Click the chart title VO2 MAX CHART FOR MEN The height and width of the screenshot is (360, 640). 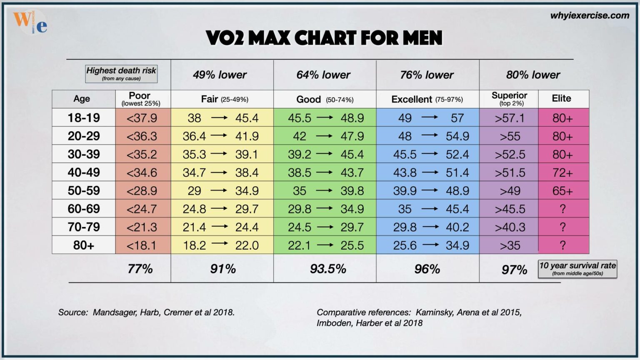(x=324, y=38)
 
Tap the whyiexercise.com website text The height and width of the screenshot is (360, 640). (x=589, y=16)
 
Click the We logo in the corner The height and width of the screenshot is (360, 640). (x=30, y=22)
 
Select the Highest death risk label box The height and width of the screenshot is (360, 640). (x=121, y=74)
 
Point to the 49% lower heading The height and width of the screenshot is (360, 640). (x=220, y=75)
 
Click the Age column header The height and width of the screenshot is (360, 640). (x=82, y=99)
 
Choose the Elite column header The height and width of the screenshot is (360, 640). (x=561, y=99)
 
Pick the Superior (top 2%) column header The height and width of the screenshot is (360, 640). (x=509, y=99)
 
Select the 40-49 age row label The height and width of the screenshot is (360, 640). (x=84, y=172)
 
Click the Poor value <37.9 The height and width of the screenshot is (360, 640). (x=142, y=118)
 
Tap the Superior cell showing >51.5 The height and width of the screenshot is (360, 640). (x=510, y=172)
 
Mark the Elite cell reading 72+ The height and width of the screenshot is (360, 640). (x=562, y=172)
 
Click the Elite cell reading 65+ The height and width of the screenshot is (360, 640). (x=562, y=191)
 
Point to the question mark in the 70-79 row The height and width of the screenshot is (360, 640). (x=562, y=227)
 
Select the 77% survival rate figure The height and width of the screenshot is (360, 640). (x=140, y=269)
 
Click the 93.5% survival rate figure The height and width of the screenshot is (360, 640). (x=328, y=269)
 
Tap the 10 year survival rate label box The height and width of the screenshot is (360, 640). (x=577, y=269)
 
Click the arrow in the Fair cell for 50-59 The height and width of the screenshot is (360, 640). (x=219, y=191)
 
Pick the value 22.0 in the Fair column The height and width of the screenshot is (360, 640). (x=247, y=245)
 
